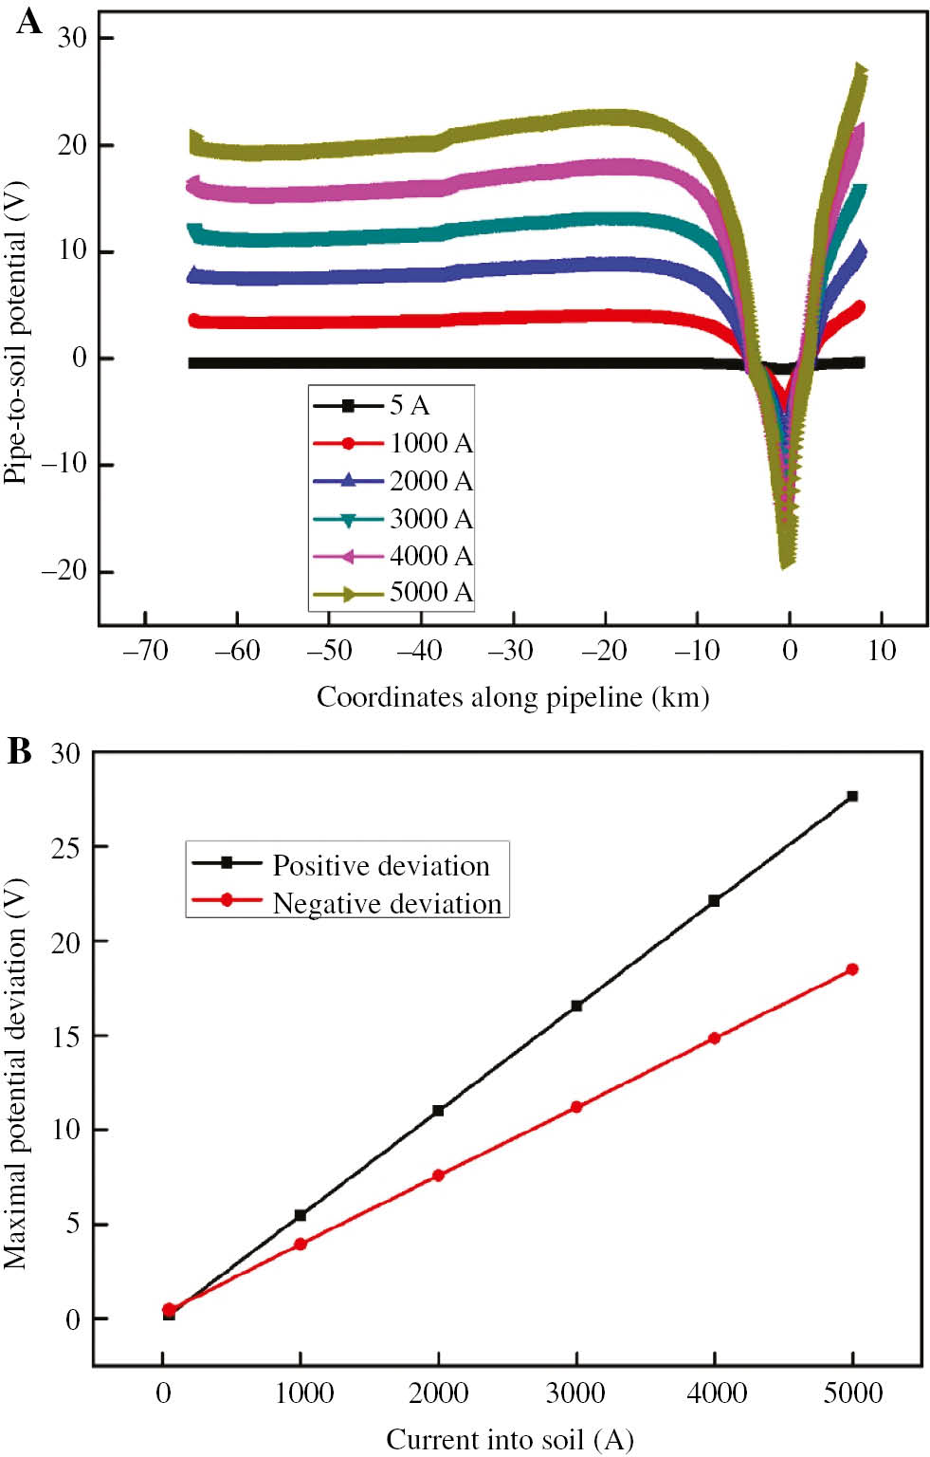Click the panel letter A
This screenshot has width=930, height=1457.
point(28,21)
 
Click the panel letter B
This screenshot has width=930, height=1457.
point(20,751)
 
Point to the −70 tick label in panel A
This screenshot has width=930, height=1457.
point(145,651)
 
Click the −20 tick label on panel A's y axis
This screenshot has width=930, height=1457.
point(64,571)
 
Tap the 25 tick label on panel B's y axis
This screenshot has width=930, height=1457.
point(66,846)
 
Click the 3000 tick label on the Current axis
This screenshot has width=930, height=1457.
point(575,1392)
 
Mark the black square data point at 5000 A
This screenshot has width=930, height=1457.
point(852,796)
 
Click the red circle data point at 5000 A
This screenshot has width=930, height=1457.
point(852,969)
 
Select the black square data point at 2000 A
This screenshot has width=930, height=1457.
point(438,1110)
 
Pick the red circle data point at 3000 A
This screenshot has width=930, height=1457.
point(576,1107)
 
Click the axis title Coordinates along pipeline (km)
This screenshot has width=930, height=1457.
point(512,697)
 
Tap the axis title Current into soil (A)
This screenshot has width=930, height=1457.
point(509,1440)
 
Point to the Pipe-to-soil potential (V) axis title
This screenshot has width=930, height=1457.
point(16,332)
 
